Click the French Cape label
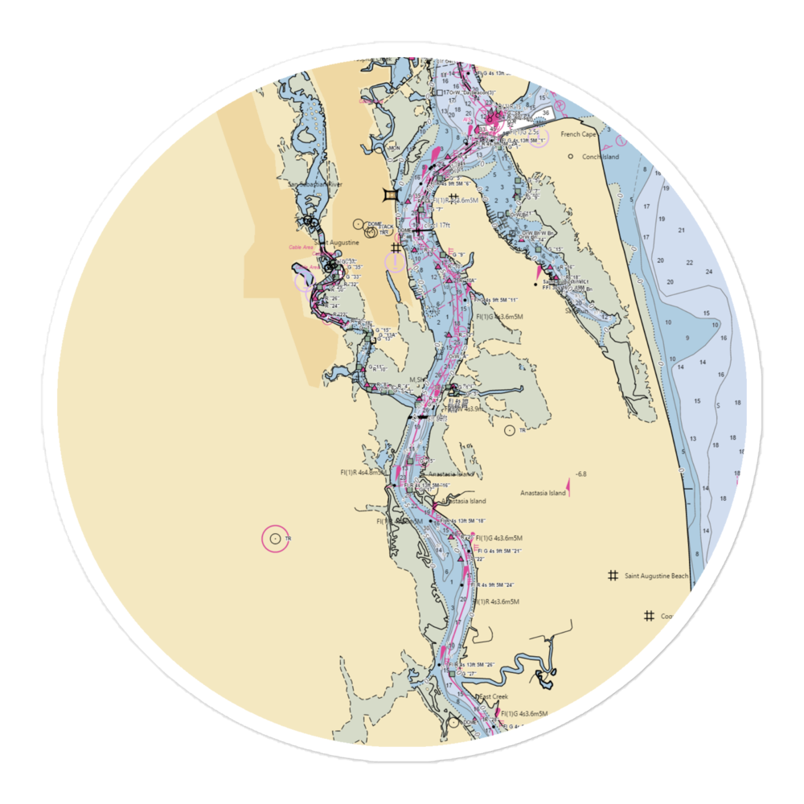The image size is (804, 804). (577, 134)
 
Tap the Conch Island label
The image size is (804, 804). (601, 157)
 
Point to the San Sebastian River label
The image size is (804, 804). (315, 184)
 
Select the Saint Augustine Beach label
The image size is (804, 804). (658, 576)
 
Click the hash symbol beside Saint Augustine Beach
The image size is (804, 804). (613, 576)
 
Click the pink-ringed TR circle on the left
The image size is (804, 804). (276, 538)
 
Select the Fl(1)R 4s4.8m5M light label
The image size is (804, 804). (365, 473)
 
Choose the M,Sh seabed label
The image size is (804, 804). (416, 379)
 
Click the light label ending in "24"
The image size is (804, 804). (496, 585)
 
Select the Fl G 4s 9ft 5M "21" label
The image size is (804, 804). (499, 550)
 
